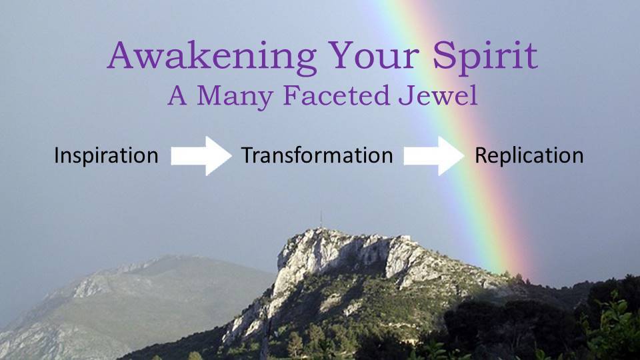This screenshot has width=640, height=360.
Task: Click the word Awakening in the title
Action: pos(212,57)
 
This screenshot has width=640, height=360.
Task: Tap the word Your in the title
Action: pos(374,55)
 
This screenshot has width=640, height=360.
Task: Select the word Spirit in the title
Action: pos(485,57)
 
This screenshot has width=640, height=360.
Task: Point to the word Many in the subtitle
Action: pos(235,97)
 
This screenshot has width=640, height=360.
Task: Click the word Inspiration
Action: pos(106,156)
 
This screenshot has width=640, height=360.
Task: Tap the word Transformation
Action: pos(317,155)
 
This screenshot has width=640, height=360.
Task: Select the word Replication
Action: pos(529,156)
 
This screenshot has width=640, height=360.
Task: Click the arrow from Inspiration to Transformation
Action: pos(201,156)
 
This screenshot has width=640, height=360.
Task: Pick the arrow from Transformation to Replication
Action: pos(434,156)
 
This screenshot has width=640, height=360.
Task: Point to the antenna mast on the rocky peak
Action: pos(321,221)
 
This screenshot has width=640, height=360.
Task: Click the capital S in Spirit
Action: pos(444,55)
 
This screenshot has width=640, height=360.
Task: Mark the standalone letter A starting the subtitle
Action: pos(177,95)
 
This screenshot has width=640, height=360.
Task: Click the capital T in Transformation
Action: pos(248,155)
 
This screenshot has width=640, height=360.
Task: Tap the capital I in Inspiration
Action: pos(56,155)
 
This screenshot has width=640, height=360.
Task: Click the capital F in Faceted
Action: pos(291,95)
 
